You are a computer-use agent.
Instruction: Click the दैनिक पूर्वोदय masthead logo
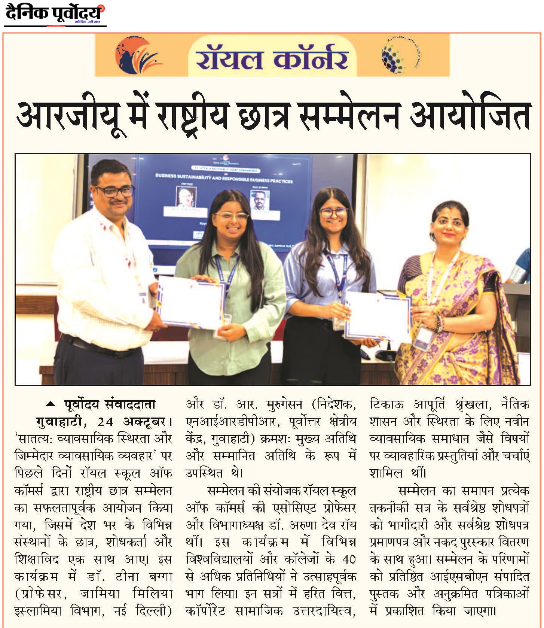click(54, 14)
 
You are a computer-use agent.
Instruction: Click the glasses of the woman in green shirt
click(231, 217)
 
